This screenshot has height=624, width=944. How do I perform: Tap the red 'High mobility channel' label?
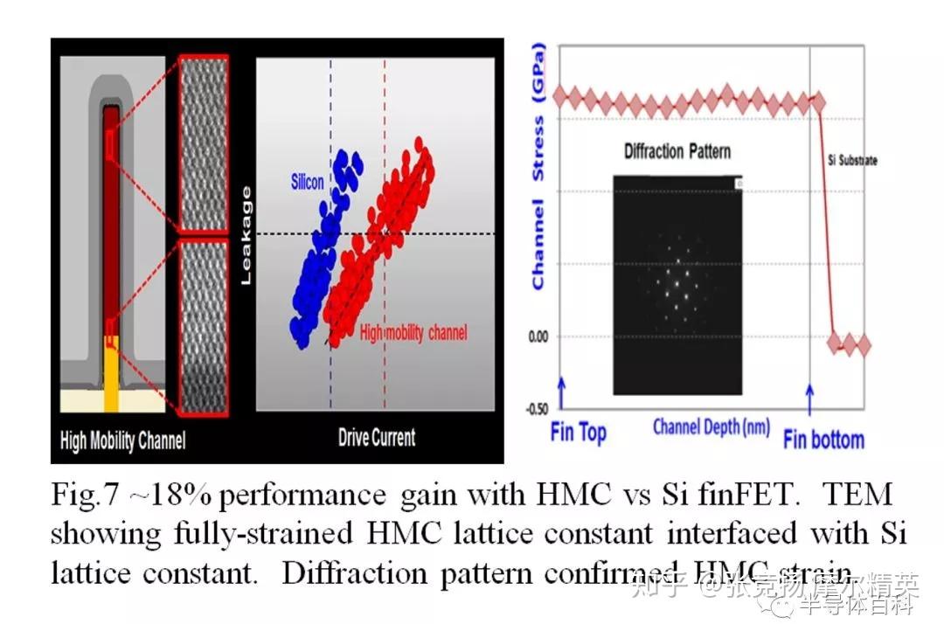413,332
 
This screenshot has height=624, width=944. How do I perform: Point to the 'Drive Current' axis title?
377,437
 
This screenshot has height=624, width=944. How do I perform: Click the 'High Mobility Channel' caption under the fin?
122,440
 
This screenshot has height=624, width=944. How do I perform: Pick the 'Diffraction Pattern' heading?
677,151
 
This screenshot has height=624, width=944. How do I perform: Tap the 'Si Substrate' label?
852,161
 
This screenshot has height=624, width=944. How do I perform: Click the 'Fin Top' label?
578,432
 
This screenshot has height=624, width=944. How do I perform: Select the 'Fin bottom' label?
823,439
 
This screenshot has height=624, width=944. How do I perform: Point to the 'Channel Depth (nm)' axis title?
711,427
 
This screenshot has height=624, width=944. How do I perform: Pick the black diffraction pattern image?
677,284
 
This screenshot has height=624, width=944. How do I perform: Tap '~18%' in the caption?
164,496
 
